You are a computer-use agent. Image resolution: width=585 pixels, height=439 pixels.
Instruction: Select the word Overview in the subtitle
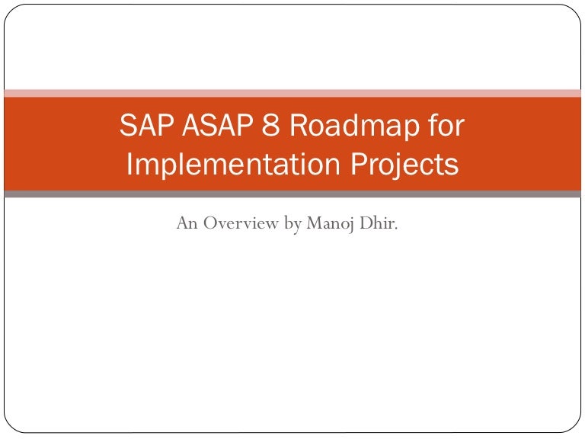[240, 223]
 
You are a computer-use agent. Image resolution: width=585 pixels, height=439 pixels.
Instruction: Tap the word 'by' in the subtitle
[293, 224]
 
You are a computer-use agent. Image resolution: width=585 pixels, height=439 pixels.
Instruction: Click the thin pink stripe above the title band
[292, 93]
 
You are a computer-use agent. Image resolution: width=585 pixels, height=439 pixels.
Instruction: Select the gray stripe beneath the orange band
[292, 194]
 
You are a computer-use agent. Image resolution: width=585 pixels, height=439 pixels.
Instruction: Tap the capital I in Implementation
[130, 165]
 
